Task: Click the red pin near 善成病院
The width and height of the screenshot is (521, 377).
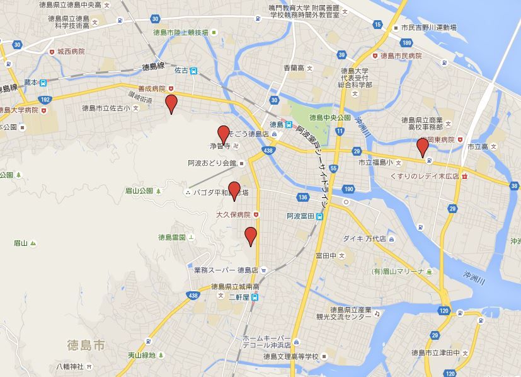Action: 171,103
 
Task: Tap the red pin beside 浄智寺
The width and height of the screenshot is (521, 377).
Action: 223,134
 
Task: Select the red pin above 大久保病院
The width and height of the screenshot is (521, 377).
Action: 234,189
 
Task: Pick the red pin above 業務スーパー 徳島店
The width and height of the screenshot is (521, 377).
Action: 251,235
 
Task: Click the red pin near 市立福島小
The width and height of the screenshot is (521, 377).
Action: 422,147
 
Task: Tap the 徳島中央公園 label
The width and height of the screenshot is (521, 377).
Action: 329,118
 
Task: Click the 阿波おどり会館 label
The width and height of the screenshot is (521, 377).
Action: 212,163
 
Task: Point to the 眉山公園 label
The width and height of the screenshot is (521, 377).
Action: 139,190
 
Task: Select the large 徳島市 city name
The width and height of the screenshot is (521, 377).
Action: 86,345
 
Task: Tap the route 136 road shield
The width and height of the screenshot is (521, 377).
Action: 303,197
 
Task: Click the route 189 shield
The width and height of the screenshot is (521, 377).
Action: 406,43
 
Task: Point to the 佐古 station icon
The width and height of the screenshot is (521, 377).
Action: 195,71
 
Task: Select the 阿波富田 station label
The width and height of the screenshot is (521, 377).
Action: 301,216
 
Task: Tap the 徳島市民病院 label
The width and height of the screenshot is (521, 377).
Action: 401,56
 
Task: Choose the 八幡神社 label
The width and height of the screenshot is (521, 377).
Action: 69,366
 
